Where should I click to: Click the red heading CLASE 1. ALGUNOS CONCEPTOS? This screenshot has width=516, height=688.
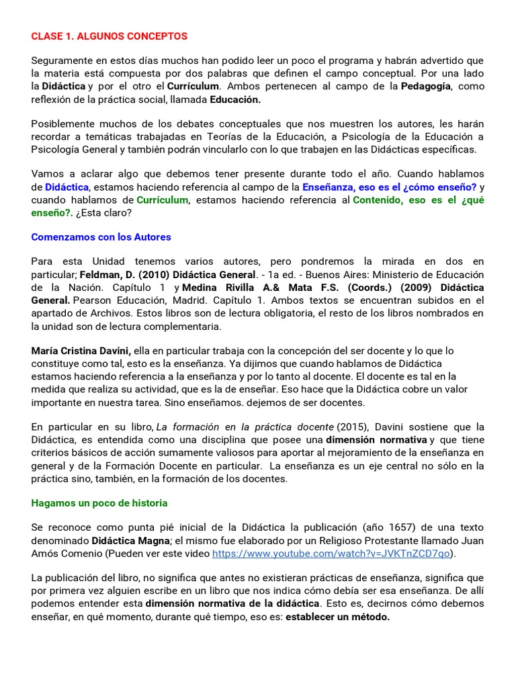pyautogui.click(x=110, y=36)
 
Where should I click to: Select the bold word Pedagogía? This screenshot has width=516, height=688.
pyautogui.click(x=426, y=86)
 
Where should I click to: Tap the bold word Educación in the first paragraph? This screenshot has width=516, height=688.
pyautogui.click(x=235, y=99)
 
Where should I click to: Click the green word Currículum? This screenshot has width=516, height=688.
pyautogui.click(x=163, y=200)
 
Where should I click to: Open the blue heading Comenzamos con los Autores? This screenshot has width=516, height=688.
pyautogui.click(x=101, y=236)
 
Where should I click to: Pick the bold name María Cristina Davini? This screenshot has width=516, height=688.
pyautogui.click(x=81, y=351)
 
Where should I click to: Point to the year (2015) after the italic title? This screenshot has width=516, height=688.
pyautogui.click(x=351, y=427)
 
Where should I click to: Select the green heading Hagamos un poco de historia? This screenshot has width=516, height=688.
pyautogui.click(x=99, y=503)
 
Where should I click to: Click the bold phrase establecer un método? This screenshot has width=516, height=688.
pyautogui.click(x=337, y=617)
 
